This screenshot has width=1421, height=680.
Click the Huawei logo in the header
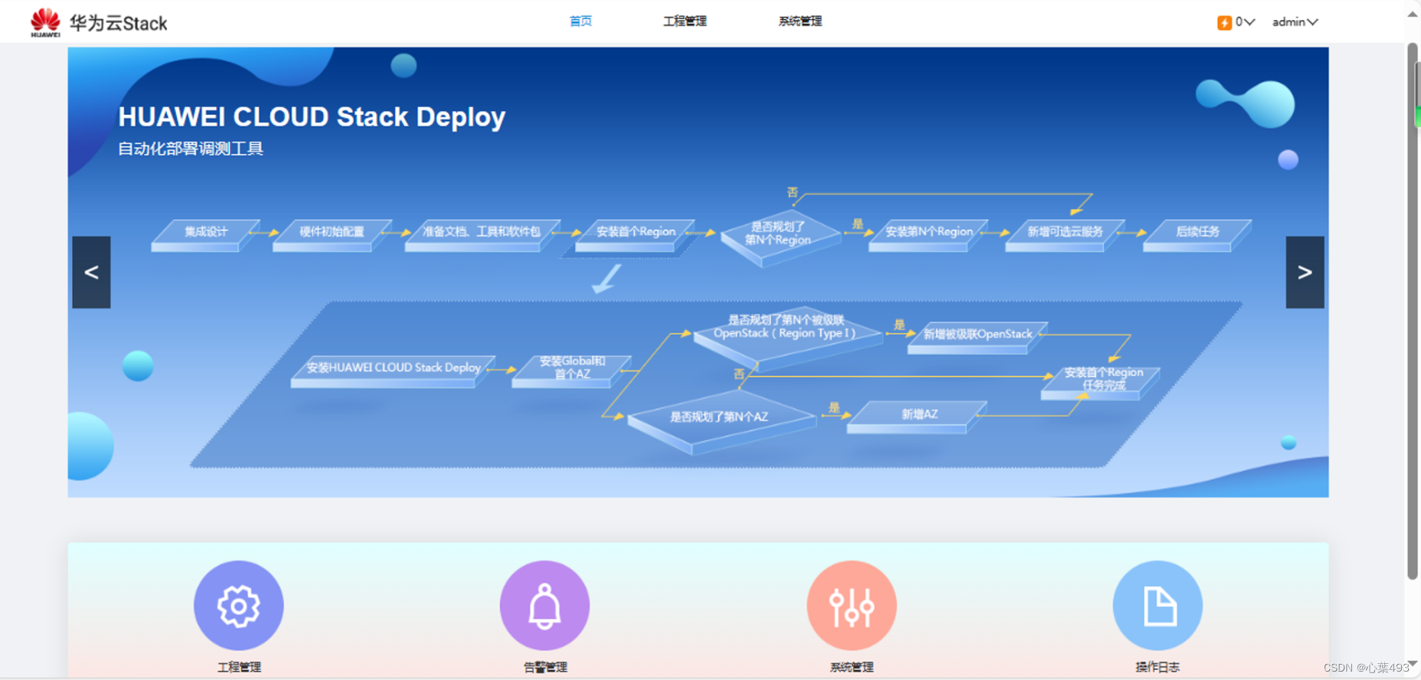[45, 22]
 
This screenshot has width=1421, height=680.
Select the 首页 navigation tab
[580, 21]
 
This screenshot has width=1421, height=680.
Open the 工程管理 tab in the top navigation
[684, 21]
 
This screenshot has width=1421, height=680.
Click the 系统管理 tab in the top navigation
[799, 21]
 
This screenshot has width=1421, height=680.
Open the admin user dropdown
[1295, 22]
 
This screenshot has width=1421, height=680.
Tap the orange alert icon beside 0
[1224, 22]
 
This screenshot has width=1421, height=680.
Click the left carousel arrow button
[91, 272]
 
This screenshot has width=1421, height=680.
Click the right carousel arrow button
[1305, 272]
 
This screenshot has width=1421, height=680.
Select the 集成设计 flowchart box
[205, 232]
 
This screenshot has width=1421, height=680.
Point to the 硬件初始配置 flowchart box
[332, 232]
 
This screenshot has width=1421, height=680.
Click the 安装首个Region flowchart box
[635, 232]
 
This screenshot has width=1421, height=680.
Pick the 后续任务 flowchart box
[1197, 232]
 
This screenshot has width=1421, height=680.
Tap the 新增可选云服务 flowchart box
[1064, 232]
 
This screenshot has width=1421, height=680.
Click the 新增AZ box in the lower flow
[918, 414]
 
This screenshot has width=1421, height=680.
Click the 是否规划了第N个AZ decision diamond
[719, 417]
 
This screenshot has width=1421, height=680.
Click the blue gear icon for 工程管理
[239, 606]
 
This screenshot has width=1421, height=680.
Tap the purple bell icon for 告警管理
[544, 606]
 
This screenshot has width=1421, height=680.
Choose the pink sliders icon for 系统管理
[851, 606]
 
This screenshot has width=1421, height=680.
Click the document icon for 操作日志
[1158, 606]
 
